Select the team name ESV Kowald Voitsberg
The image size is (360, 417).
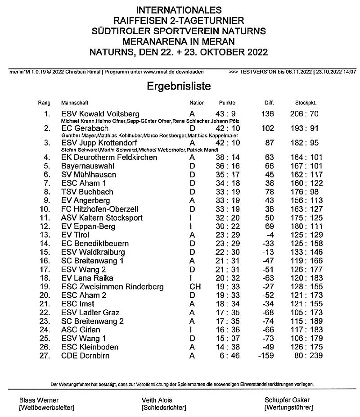[100, 113]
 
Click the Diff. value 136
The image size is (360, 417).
[267, 113]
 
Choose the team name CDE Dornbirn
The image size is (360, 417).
[85, 356]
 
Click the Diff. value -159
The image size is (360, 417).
[265, 356]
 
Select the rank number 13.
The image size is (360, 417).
[45, 235]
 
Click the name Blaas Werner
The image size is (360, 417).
[39, 400]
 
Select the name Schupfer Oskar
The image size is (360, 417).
[287, 400]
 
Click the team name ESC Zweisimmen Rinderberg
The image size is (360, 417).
[112, 287]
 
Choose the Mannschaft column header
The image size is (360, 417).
[75, 103]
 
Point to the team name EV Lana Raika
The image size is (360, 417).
[87, 278]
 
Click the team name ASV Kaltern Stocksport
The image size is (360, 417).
[102, 218]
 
